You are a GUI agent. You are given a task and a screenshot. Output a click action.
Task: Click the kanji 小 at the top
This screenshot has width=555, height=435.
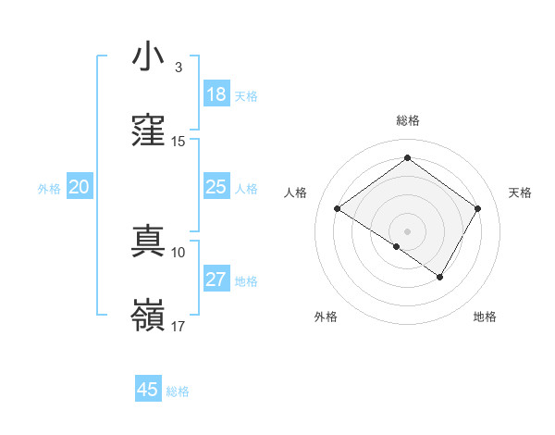(148, 57)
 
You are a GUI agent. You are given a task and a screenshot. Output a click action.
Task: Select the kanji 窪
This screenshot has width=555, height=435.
(148, 131)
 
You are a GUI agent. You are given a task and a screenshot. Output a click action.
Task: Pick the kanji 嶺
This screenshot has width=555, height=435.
(148, 317)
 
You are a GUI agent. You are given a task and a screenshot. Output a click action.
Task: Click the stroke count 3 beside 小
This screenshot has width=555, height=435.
(178, 68)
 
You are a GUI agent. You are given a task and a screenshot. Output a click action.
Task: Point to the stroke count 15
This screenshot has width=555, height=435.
(179, 142)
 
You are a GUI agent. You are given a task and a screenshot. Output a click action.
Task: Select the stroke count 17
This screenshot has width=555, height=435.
(179, 327)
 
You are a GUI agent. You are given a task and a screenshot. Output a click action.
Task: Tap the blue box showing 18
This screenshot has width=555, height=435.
(216, 94)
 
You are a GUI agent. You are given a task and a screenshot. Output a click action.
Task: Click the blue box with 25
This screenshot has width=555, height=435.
(216, 187)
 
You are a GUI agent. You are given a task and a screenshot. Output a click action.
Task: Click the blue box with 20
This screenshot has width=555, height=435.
(80, 187)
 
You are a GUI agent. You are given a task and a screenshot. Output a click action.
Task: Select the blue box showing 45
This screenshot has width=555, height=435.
(148, 390)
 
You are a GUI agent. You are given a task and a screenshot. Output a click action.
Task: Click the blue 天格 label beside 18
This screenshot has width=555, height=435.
(246, 96)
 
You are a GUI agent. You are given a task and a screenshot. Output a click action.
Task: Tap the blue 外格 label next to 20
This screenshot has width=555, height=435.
(49, 189)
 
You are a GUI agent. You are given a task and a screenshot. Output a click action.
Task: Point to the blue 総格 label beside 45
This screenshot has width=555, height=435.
(178, 391)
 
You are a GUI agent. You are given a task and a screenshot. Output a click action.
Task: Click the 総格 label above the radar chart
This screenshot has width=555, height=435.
(407, 120)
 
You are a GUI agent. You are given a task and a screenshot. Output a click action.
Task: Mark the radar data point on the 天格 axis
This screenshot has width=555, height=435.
(478, 208)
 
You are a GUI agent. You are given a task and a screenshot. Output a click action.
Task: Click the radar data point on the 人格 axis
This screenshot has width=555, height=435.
(338, 209)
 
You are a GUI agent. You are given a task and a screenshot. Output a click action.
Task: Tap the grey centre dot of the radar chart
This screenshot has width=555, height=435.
(407, 230)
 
